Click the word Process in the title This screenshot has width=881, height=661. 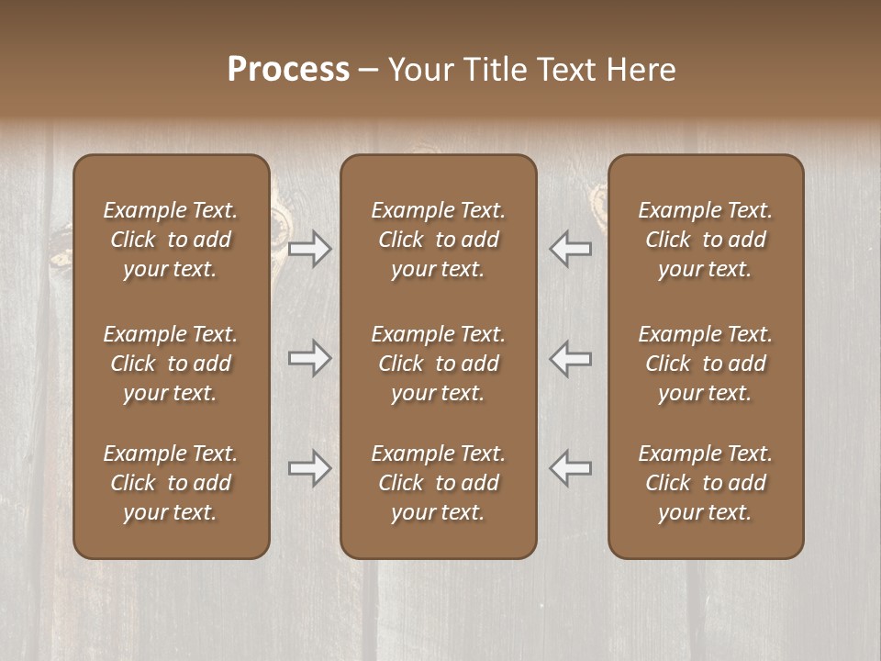pos(288,70)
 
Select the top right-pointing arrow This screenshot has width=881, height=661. pos(310,249)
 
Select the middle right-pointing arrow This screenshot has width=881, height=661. pos(310,358)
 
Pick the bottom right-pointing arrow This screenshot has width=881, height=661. pos(310,468)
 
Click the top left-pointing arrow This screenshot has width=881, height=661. pos(570,249)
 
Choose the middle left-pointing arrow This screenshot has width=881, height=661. pos(570,358)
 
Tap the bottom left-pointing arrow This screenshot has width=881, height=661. pos(570,468)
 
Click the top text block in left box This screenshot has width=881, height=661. pos(171,240)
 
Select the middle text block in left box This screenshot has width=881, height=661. pos(171,364)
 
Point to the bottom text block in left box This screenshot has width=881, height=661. pos(171,483)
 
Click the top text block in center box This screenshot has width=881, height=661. pos(438,240)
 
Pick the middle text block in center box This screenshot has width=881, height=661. pos(438,364)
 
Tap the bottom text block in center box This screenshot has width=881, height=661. pos(438,483)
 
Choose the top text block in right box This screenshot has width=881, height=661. pos(705,240)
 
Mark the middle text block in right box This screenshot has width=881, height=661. pos(705,364)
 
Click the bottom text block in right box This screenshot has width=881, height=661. pos(705,483)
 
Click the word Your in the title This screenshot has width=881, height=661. pos(418,70)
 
